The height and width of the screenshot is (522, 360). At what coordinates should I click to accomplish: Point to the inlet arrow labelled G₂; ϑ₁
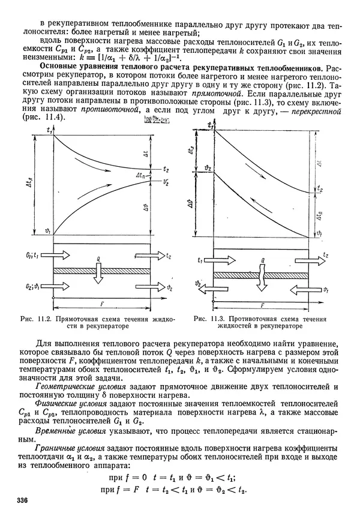point(44,287)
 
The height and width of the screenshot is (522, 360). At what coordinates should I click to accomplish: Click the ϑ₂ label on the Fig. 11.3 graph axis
point(207,170)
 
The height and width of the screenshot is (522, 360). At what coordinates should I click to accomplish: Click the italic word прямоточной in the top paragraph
point(211,95)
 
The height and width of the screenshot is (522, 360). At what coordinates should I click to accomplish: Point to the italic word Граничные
point(56,449)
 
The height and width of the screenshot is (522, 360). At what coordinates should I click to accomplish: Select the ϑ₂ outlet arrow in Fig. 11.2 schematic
point(151,287)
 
